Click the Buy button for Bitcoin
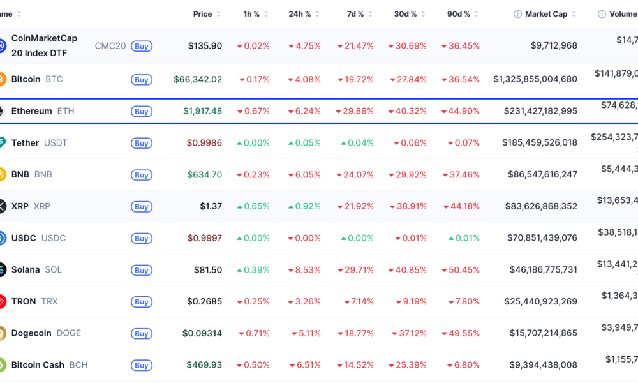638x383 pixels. pos(142,80)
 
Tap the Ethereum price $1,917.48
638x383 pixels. pos(203,111)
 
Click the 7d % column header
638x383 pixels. pos(355,14)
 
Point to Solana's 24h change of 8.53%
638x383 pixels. pos(304,270)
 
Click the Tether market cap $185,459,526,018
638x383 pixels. pos(539,143)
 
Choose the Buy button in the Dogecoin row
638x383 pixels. pos(142,334)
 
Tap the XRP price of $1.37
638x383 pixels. pos(211,206)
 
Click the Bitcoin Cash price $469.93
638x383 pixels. pos(204,365)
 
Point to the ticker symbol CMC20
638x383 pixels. pos(110,46)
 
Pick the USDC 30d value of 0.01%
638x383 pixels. pos(411,238)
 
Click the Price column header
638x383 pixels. pos(202,14)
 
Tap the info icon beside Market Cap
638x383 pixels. pos(518,14)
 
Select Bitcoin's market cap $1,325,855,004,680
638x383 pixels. pos(535,80)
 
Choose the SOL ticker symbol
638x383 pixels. pos(54,270)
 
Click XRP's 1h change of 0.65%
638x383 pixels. pos(253,206)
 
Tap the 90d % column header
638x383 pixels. pos(458,14)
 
